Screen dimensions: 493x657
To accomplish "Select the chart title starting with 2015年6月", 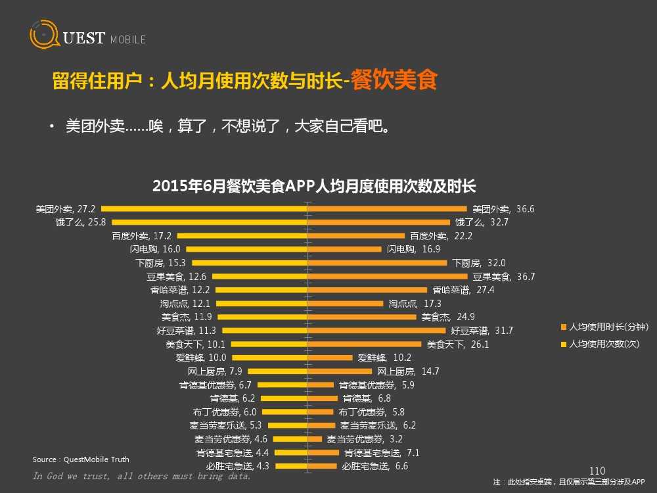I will [314, 187].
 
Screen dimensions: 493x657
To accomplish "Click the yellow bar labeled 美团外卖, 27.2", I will [204, 209].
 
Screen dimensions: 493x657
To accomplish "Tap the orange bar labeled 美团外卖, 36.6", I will [388, 209].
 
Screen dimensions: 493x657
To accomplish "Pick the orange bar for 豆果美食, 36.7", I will [388, 277].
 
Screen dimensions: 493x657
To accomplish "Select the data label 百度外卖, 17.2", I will [141, 236].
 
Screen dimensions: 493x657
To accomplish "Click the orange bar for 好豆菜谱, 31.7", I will [377, 331].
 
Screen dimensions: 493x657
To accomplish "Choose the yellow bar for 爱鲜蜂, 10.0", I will [269, 358].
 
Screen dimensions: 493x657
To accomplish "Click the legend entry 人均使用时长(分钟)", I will [608, 327].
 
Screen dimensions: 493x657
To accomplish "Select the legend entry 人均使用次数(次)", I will [603, 344].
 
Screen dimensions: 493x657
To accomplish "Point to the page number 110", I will [597, 471].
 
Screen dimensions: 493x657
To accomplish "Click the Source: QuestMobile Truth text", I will [81, 459].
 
